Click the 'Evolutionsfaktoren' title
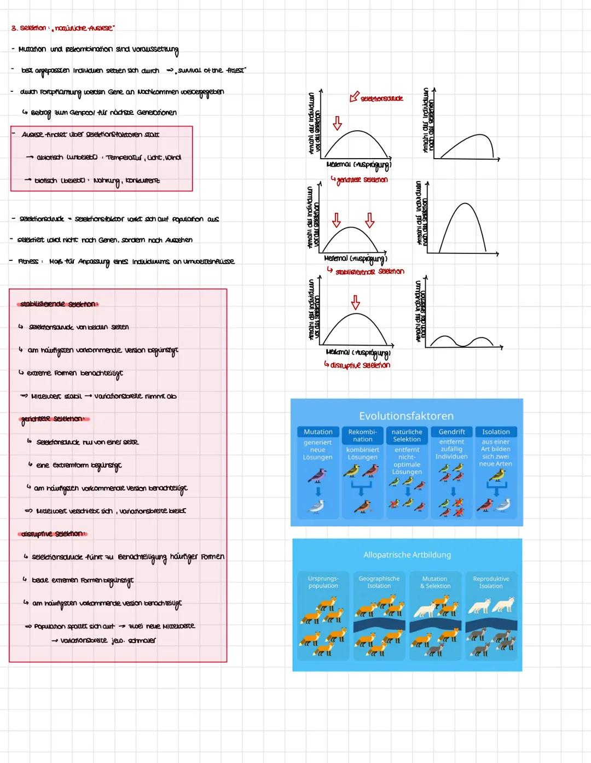click(x=406, y=416)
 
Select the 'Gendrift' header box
click(x=451, y=432)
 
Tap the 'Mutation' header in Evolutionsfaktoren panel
click(x=318, y=432)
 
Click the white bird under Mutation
click(x=317, y=507)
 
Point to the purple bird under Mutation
click(x=317, y=476)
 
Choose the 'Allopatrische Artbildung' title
click(x=407, y=555)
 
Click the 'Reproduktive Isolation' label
click(x=491, y=582)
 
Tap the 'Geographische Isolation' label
click(x=379, y=582)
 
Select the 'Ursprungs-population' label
click(x=323, y=582)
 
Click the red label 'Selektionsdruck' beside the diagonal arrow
click(x=382, y=98)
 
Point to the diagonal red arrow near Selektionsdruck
click(x=354, y=97)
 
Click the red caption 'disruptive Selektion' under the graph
click(x=360, y=365)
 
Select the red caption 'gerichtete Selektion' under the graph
click(x=362, y=180)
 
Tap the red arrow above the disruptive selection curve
click(x=356, y=302)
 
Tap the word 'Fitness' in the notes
click(x=28, y=261)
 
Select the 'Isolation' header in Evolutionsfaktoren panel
click(x=496, y=432)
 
